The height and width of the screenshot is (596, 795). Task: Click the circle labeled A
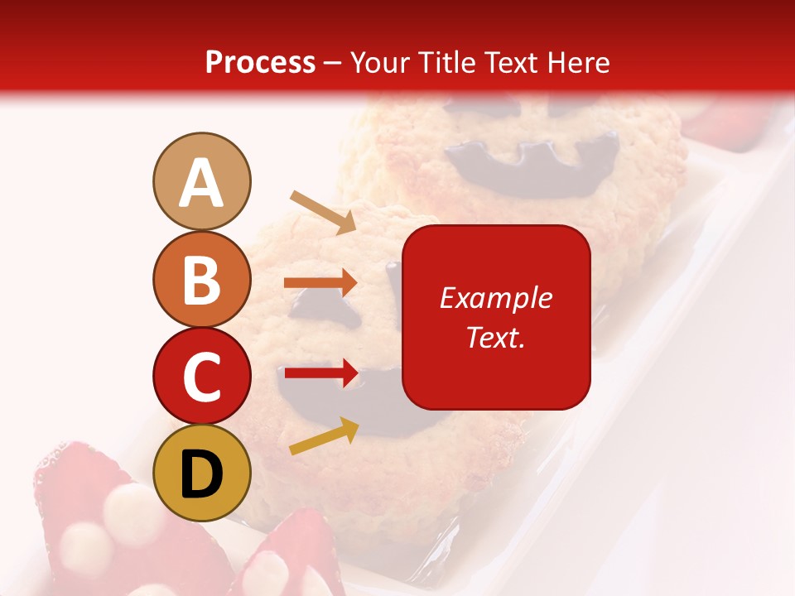(201, 181)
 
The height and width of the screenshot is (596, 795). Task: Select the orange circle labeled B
(201, 279)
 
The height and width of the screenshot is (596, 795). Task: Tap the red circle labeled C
(201, 376)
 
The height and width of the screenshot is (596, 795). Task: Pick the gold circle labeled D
(201, 473)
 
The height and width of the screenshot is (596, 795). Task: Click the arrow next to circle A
(323, 212)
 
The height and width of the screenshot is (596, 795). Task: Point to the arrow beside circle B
(320, 283)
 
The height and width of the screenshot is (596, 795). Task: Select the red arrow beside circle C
(320, 374)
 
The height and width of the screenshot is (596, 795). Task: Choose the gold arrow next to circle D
(324, 436)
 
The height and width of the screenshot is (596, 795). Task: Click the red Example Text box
(496, 317)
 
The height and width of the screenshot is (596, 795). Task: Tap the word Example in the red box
(496, 298)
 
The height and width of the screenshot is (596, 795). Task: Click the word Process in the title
(260, 62)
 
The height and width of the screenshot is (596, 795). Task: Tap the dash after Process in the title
(333, 63)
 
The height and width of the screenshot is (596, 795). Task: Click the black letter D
(201, 474)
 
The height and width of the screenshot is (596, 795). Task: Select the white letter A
(201, 182)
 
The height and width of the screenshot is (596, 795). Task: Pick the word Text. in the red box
(496, 337)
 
